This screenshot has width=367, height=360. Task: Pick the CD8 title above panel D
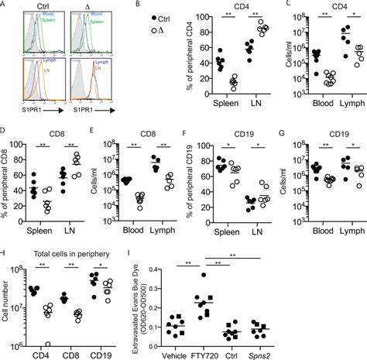tap(53, 136)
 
